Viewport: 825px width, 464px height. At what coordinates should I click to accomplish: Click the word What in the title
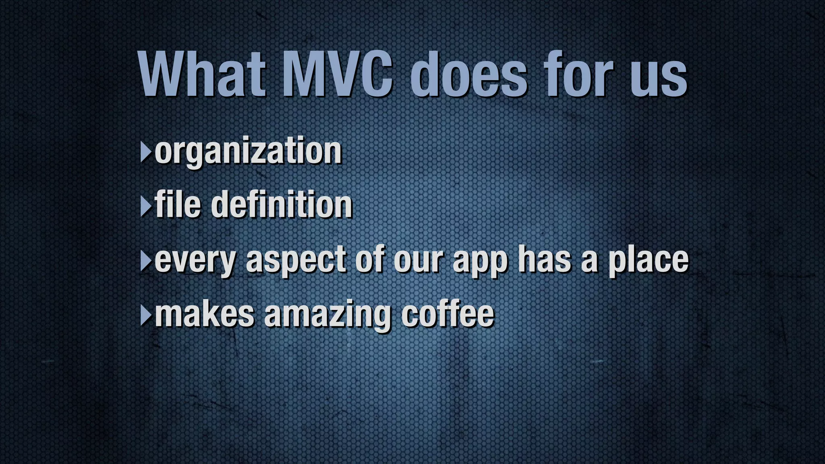click(x=201, y=75)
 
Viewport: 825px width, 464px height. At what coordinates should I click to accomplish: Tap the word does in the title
click(x=468, y=75)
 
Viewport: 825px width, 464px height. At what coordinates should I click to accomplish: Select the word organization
click(x=248, y=151)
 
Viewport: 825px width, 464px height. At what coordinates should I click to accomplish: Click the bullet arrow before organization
click(x=145, y=152)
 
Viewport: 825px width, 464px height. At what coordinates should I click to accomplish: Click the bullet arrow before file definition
click(x=145, y=207)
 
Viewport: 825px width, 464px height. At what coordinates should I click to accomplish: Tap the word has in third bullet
click(x=544, y=260)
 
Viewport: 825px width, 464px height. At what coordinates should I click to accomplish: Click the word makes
click(x=204, y=314)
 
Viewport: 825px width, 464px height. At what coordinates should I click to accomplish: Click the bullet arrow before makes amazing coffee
click(x=145, y=316)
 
